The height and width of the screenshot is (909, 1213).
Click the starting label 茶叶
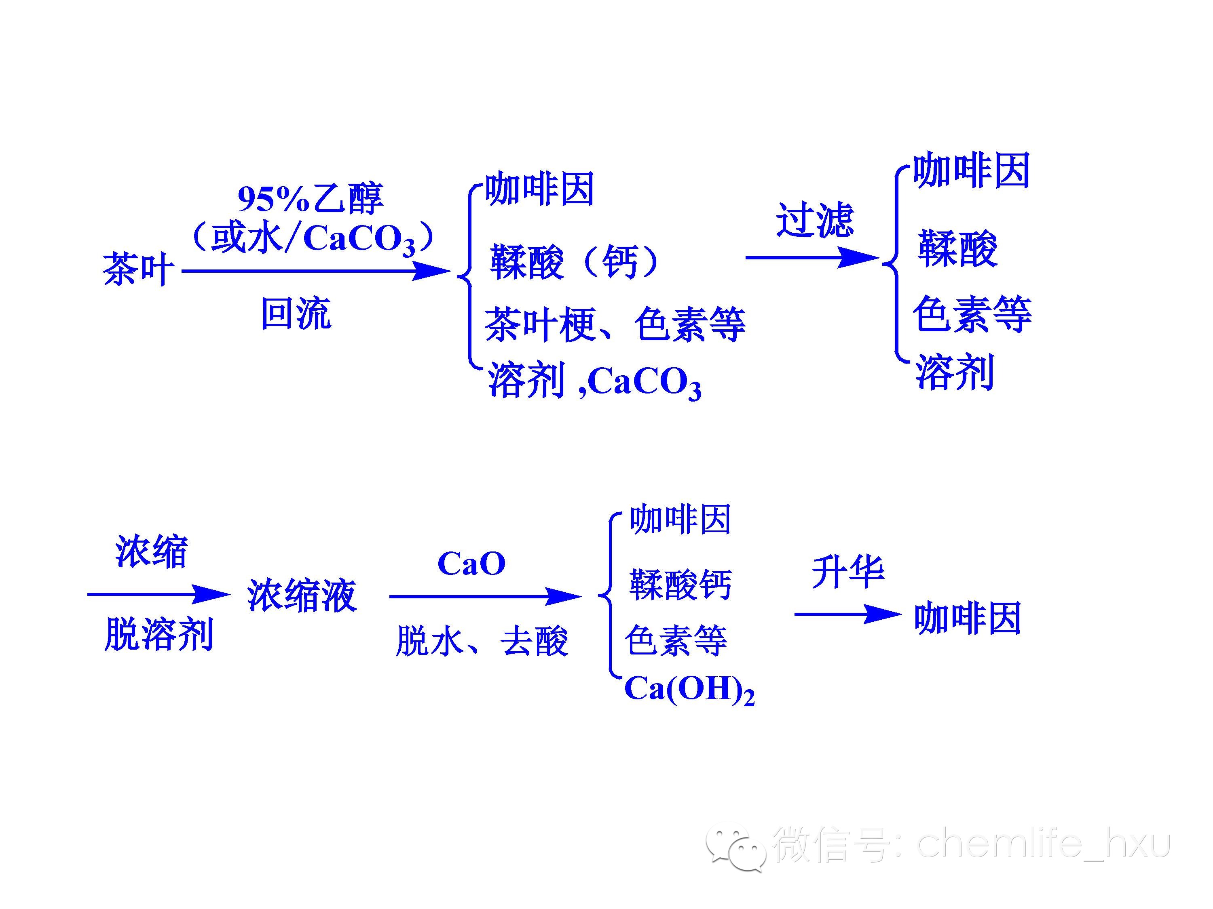point(139,269)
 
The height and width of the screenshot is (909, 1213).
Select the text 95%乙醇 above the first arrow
point(311,198)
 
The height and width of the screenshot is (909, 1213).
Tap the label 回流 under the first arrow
point(296,314)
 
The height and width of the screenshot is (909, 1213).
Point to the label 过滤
point(815,220)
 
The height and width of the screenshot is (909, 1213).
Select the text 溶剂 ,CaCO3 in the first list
point(594,382)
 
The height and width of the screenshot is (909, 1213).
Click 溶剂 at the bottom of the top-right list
point(955,372)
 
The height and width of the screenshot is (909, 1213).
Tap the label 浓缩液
point(302,595)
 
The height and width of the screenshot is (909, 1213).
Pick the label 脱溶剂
point(158,635)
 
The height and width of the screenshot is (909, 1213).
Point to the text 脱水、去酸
point(482,641)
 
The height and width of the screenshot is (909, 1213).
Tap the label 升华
point(847,572)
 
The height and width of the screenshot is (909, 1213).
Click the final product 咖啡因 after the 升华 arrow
point(967,619)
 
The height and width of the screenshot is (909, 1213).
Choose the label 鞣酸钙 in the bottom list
point(680,585)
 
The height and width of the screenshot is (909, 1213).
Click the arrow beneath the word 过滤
point(811,257)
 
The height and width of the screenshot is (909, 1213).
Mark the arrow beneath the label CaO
point(485,597)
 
